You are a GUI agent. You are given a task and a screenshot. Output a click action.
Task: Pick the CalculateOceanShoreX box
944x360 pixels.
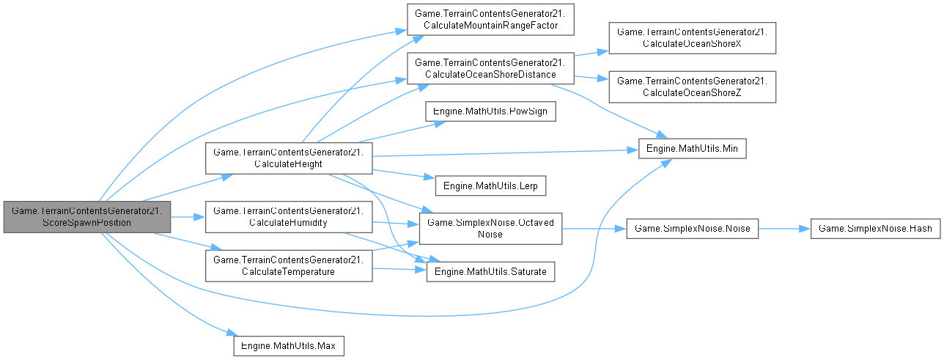pyautogui.click(x=692, y=37)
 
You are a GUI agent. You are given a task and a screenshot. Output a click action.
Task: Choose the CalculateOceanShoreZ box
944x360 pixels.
pyautogui.click(x=692, y=86)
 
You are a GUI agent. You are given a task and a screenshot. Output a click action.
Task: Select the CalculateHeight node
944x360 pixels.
pyautogui.click(x=289, y=158)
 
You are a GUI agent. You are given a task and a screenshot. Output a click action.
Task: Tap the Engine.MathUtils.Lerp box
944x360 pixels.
pyautogui.click(x=490, y=185)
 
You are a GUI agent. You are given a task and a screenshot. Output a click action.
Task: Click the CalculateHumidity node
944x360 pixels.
pyautogui.click(x=289, y=217)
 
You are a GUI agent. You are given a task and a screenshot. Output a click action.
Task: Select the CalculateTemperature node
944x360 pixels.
pyautogui.click(x=289, y=265)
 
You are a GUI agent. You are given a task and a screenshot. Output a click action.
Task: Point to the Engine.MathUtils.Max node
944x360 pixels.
pyautogui.click(x=289, y=344)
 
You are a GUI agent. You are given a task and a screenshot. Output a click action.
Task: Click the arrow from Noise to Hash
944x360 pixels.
pyautogui.click(x=783, y=229)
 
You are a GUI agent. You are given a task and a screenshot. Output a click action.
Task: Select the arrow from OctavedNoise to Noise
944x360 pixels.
pyautogui.click(x=594, y=229)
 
